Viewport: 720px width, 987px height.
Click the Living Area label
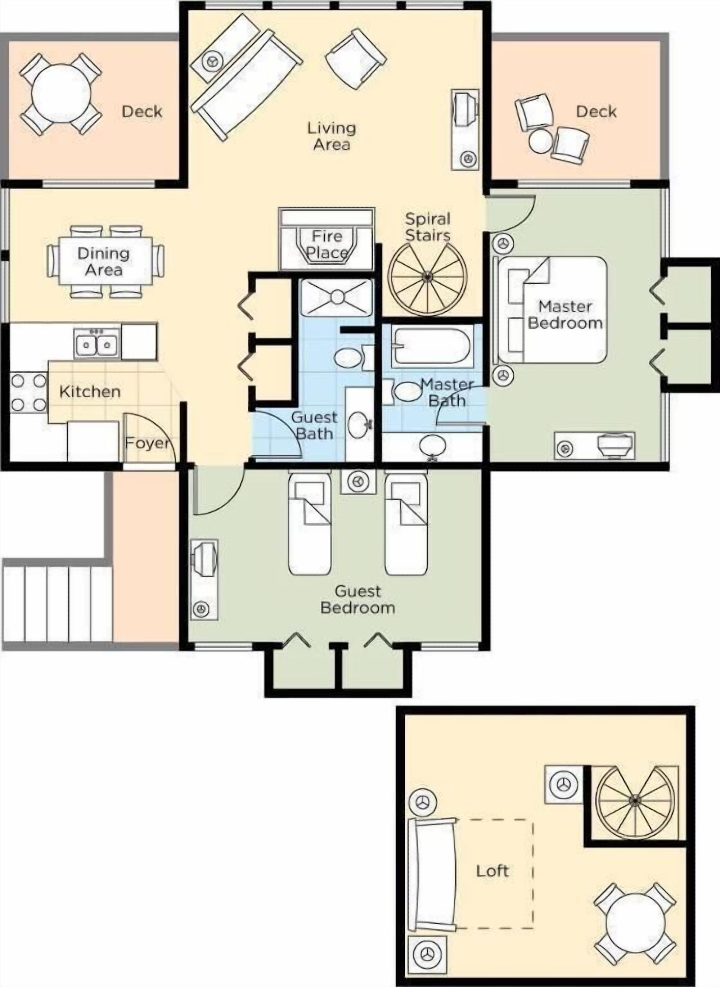(331, 136)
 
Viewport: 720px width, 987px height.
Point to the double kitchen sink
(97, 344)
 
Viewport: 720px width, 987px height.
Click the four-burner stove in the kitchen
(28, 392)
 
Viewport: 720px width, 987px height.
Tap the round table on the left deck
(61, 93)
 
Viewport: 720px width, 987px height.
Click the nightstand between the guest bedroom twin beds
(358, 481)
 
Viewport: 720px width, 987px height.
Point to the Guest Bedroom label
(357, 599)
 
